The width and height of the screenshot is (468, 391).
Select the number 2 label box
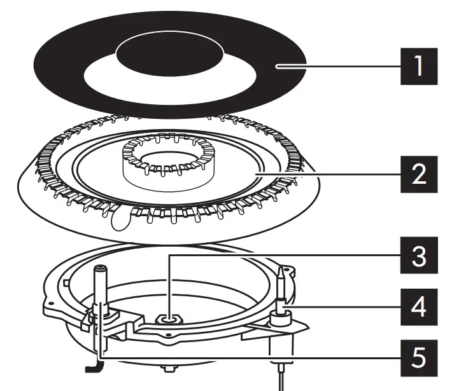pyautogui.click(x=418, y=173)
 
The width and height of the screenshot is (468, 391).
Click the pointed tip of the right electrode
pyautogui.click(x=280, y=271)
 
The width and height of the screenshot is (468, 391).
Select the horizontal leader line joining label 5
pyautogui.click(x=255, y=357)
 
